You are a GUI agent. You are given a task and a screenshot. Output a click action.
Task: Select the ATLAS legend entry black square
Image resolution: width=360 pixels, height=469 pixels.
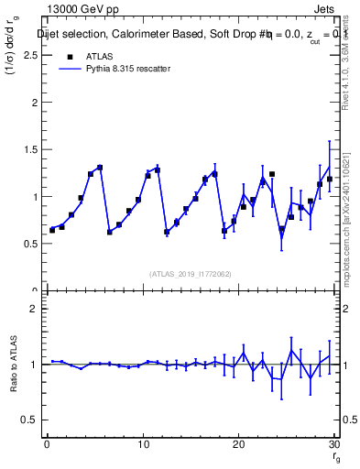coord(70,57)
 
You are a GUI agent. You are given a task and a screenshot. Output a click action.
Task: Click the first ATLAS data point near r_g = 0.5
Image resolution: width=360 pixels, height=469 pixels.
coord(52,230)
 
